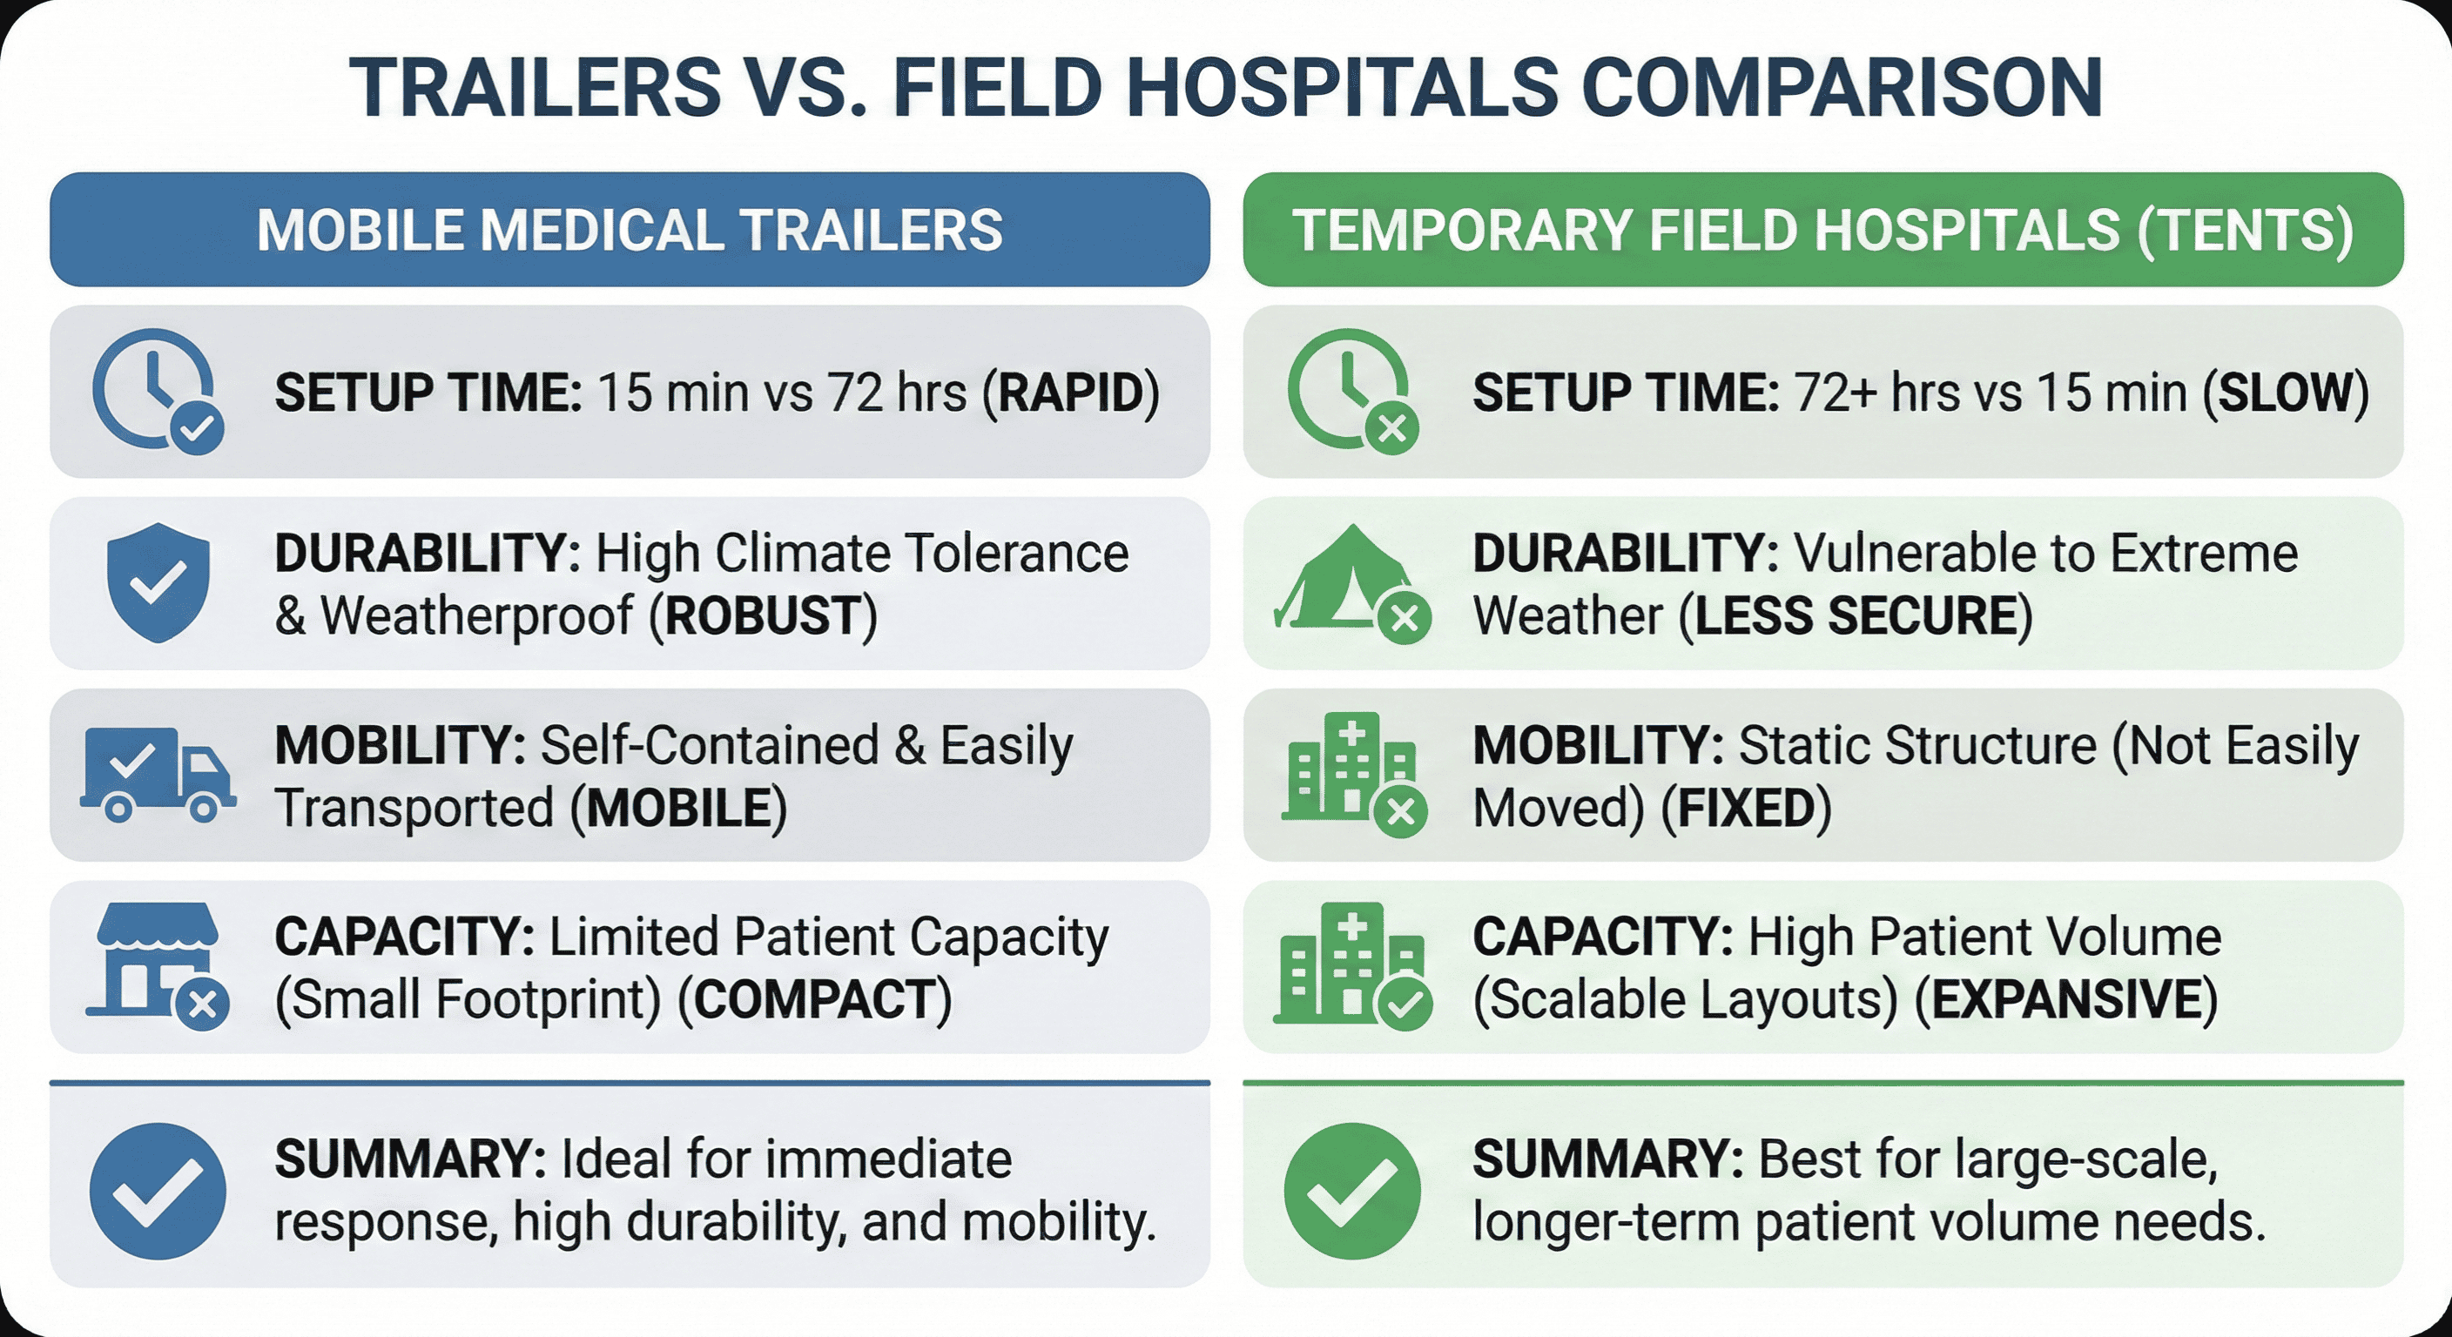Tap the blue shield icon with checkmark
coord(158,581)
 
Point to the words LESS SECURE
coord(1856,615)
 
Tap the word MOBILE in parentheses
coord(678,809)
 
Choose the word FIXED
coord(1747,809)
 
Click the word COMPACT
coord(815,1000)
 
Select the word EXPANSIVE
coord(2066,1000)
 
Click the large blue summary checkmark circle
coord(158,1191)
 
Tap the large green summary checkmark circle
coord(1351,1191)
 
